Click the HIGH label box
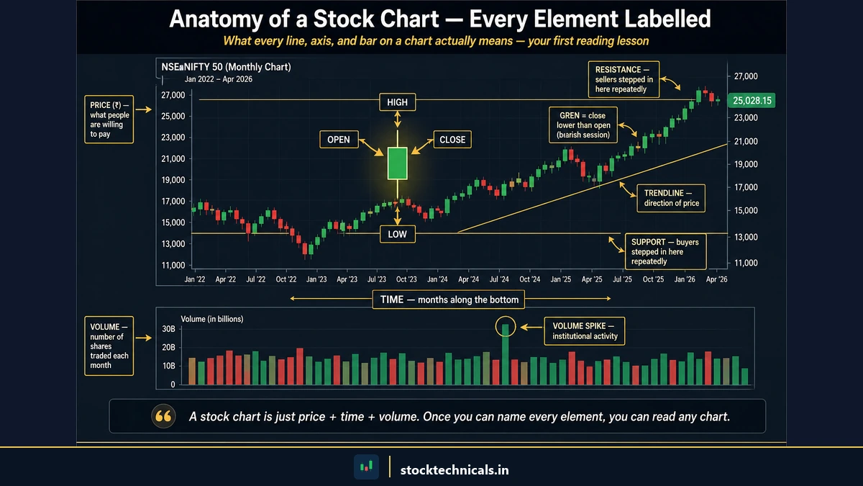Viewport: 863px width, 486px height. (x=397, y=102)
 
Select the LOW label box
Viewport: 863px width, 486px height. (x=397, y=233)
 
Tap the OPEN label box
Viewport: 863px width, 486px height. (x=338, y=140)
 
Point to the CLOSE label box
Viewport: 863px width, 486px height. (x=452, y=140)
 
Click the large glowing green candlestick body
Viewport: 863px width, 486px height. (x=397, y=163)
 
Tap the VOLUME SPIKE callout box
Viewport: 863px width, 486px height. (x=584, y=330)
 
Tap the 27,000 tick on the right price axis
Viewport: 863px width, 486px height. (x=744, y=76)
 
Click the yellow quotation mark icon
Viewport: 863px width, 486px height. (x=163, y=416)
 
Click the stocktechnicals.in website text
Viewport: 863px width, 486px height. (x=455, y=469)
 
